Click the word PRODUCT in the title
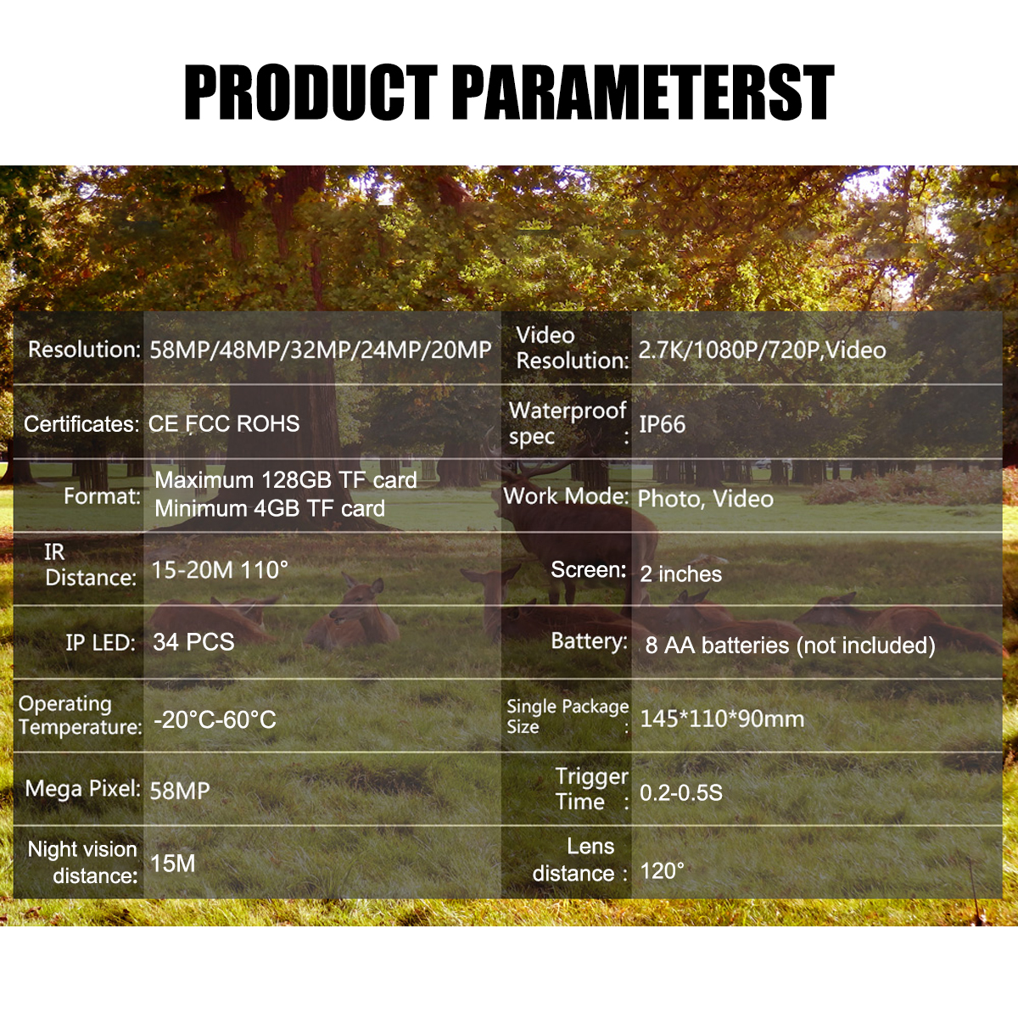310,92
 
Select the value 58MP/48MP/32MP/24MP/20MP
321,350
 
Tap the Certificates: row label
81,423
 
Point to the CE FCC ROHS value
224,423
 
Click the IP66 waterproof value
663,424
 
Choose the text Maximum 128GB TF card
286,479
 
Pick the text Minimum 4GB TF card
270,508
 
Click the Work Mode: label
567,496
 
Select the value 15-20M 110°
220,570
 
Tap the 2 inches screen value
681,573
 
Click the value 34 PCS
194,642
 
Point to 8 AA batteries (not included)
791,645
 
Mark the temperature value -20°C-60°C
215,719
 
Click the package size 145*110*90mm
722,719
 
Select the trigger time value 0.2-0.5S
681,792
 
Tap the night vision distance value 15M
173,864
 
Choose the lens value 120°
663,870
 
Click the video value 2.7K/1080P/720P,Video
763,350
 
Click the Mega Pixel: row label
82,789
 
